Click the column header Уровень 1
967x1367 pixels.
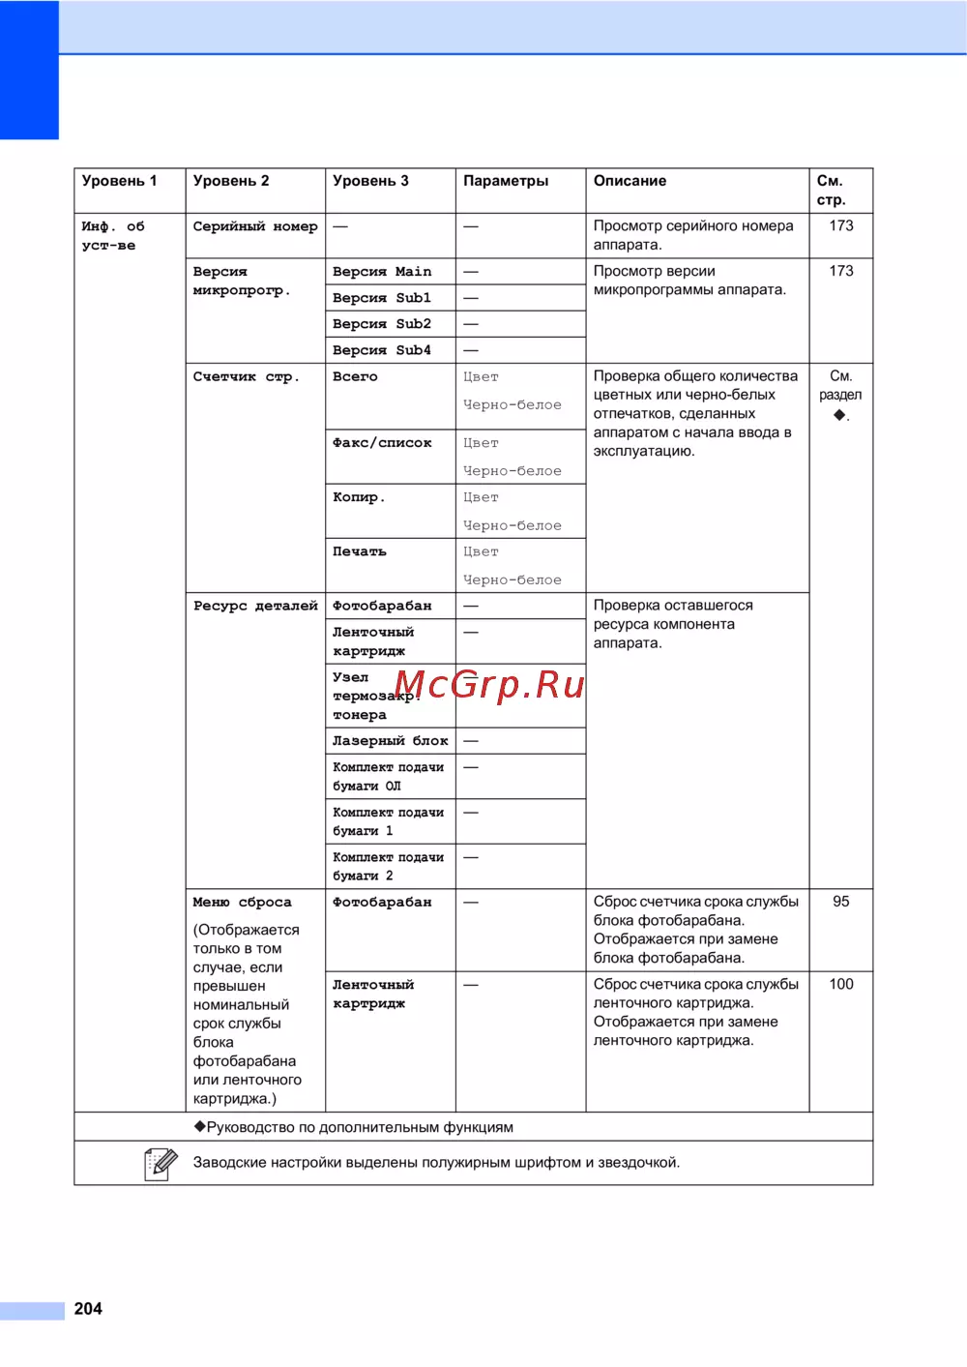tap(119, 181)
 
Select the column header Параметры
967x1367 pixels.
tap(506, 181)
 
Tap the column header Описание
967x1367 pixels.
tap(630, 181)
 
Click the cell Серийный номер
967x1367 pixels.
tap(255, 226)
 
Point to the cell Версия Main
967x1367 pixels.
tap(382, 272)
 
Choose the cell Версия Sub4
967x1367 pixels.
tap(382, 350)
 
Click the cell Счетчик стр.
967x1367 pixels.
tap(247, 376)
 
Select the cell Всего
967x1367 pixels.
tap(355, 376)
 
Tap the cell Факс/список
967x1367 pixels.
tap(382, 443)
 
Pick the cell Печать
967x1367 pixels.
tap(360, 551)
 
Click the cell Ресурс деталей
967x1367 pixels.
tap(255, 606)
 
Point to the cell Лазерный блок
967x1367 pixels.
tap(390, 741)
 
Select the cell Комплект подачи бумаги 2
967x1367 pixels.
tap(388, 866)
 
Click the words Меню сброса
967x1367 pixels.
tap(242, 903)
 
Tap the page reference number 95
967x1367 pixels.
tap(841, 902)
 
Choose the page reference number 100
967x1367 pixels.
tap(841, 984)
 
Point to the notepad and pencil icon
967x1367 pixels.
tap(161, 1163)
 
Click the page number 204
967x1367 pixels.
tap(88, 1309)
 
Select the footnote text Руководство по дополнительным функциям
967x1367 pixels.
tap(359, 1127)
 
